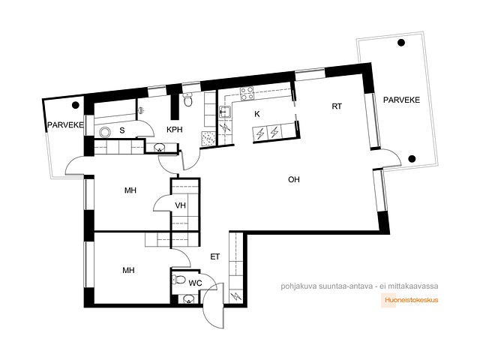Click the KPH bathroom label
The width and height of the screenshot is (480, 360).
click(175, 130)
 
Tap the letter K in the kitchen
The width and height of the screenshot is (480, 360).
click(257, 114)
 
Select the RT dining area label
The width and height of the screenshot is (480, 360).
click(337, 106)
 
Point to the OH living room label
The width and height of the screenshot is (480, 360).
click(294, 179)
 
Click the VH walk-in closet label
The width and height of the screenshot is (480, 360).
click(180, 205)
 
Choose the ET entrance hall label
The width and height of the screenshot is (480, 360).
click(215, 256)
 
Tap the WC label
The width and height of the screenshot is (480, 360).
click(195, 283)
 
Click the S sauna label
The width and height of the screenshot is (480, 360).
click(122, 130)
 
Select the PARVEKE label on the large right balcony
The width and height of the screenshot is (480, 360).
click(401, 100)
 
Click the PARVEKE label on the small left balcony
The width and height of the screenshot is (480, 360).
click(65, 125)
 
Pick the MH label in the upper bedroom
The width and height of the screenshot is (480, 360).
click(130, 190)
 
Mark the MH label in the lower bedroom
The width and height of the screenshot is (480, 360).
click(128, 270)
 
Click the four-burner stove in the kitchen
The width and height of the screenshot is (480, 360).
click(247, 93)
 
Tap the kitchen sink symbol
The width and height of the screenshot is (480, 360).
click(225, 112)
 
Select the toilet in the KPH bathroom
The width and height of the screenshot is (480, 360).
click(187, 100)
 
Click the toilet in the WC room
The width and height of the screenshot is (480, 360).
click(180, 280)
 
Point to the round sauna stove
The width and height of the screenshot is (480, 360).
click(105, 132)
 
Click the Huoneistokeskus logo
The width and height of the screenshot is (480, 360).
click(409, 300)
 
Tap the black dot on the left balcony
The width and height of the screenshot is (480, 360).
click(75, 105)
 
